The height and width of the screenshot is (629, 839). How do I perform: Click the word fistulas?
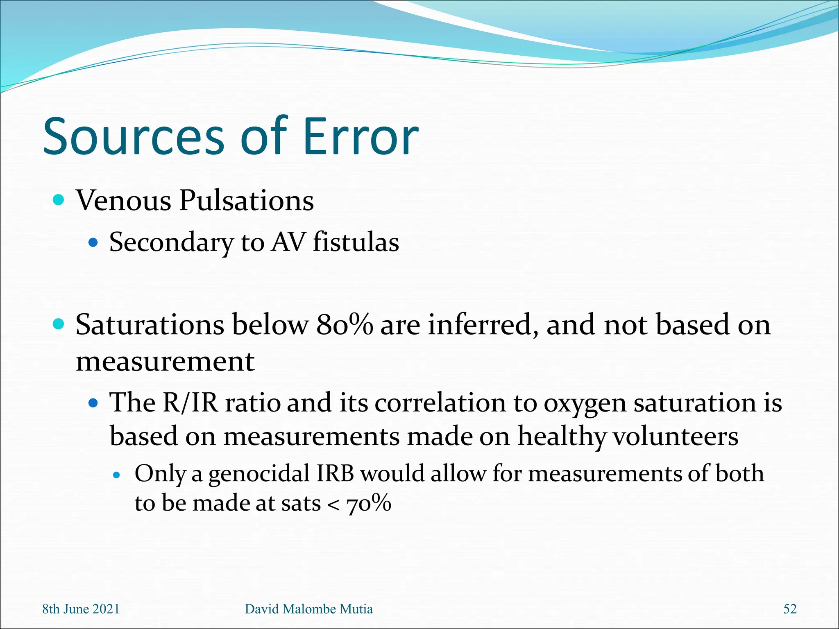[356, 242]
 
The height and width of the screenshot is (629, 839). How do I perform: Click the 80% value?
[345, 325]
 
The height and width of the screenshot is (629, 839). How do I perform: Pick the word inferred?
[483, 325]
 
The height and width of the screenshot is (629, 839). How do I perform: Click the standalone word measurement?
[165, 362]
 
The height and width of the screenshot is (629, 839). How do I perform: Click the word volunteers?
[676, 436]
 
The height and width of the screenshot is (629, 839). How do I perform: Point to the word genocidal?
[259, 474]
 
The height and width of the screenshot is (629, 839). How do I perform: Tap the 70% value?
[369, 503]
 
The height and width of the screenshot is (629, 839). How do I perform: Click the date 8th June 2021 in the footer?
[81, 609]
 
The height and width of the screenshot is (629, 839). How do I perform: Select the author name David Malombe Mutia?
[308, 609]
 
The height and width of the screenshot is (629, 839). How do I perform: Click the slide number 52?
[790, 609]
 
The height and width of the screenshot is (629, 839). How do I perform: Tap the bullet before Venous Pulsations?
[59, 200]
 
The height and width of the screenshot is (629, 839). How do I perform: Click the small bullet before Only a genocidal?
[117, 475]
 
